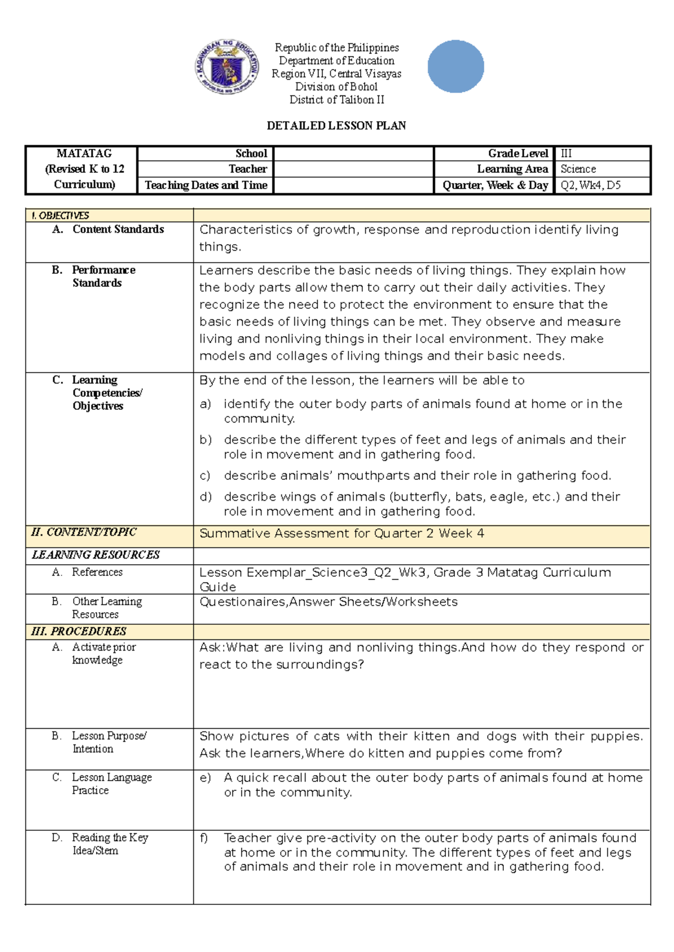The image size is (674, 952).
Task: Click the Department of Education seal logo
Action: (227, 67)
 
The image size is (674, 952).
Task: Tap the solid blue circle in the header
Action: (456, 66)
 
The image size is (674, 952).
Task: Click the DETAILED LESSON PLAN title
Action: (336, 126)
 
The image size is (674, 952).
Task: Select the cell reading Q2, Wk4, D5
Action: (590, 185)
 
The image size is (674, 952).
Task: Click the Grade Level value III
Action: (566, 153)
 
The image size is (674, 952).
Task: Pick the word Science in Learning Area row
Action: (578, 169)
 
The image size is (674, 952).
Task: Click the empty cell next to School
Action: (353, 153)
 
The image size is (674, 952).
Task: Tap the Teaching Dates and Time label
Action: (206, 185)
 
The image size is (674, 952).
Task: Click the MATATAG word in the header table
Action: (84, 153)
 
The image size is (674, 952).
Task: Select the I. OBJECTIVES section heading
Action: (61, 216)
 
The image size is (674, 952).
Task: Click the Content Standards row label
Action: (118, 229)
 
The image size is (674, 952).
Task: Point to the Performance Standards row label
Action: (103, 276)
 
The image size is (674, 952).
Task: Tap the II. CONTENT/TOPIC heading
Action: (84, 532)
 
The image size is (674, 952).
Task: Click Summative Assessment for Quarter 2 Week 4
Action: (341, 533)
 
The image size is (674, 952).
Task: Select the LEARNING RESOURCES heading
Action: (95, 555)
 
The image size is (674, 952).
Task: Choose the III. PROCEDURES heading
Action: (79, 631)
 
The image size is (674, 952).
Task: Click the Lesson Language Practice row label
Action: (111, 784)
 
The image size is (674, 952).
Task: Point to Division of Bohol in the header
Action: (336, 86)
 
